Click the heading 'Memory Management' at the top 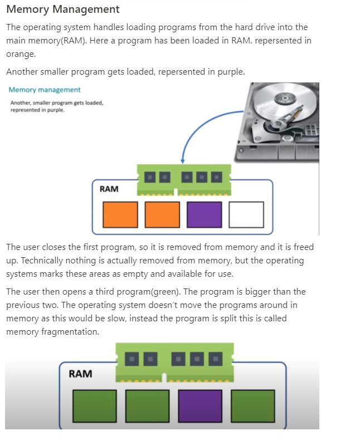point(62,9)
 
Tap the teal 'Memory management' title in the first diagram point(45,90)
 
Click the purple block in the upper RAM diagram point(204,214)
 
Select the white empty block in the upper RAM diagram point(246,214)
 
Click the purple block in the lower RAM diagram point(200,405)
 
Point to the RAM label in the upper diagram point(109,189)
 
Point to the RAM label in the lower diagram point(80,374)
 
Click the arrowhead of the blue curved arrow point(182,160)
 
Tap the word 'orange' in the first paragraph point(20,54)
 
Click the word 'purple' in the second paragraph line point(228,72)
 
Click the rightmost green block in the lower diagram point(252,405)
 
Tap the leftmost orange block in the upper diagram point(120,214)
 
